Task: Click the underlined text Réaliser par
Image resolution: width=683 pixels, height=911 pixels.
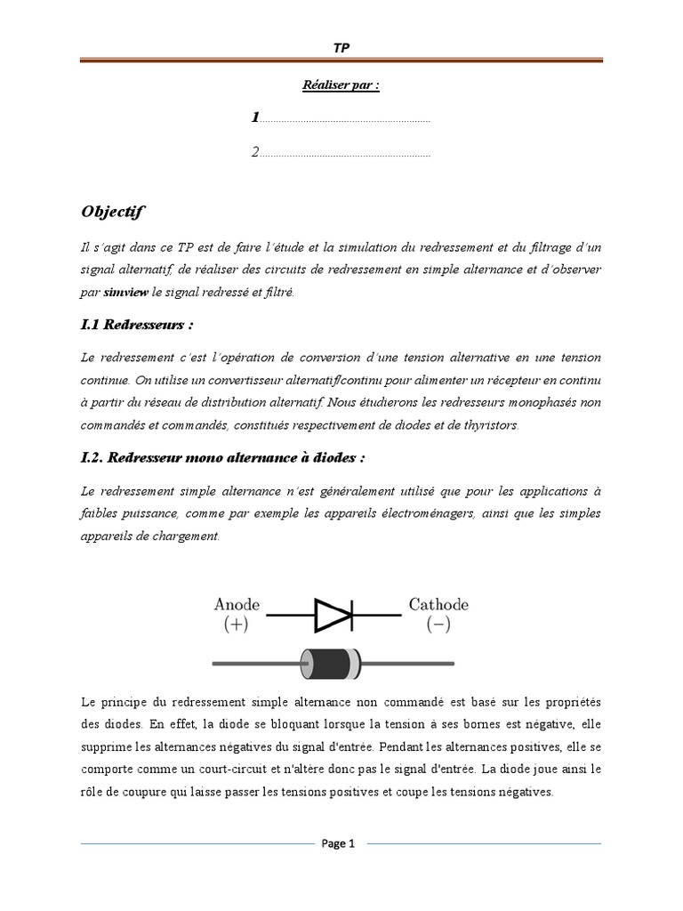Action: coord(341,87)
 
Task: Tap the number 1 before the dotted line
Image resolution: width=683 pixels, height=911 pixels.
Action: coord(255,117)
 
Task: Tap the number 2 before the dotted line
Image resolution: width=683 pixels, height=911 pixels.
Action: coord(255,152)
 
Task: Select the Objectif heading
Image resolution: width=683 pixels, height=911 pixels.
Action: coord(112,212)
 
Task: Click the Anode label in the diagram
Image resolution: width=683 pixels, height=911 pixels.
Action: coord(236,605)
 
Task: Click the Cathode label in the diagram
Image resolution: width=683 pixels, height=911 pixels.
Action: coord(438,605)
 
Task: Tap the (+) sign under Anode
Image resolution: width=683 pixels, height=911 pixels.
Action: coord(236,625)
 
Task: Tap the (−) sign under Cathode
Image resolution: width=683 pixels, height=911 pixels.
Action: coord(438,625)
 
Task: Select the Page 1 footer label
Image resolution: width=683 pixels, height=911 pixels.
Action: coord(338,845)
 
